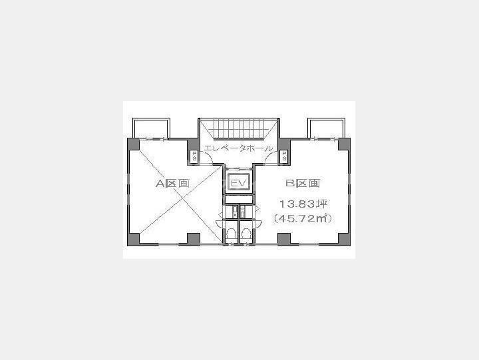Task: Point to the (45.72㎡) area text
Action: tap(303, 218)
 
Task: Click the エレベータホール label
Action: tap(238, 148)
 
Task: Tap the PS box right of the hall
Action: tap(284, 157)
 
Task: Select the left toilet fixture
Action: tap(230, 234)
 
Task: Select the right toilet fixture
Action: tap(247, 234)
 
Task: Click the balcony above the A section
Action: tap(152, 128)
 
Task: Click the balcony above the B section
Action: tap(325, 128)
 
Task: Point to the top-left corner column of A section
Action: tap(133, 143)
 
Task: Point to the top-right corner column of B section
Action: tap(344, 143)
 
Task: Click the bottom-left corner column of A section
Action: tap(133, 238)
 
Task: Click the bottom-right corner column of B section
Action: tap(344, 238)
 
